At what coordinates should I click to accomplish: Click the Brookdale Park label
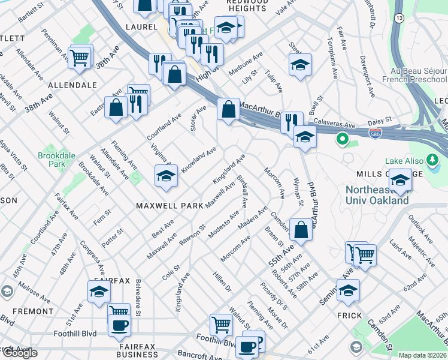[x=51, y=159]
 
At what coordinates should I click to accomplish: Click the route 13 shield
[x=399, y=19]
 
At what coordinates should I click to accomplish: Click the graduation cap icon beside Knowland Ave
[x=166, y=175]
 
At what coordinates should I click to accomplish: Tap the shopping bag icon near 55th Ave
[x=301, y=229]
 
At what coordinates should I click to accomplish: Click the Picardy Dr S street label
[x=274, y=296]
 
